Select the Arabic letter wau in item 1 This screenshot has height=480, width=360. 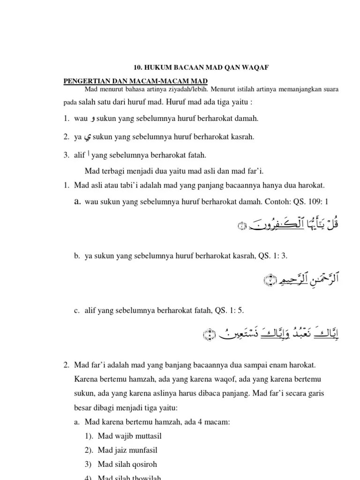(x=92, y=119)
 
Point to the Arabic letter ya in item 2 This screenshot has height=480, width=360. (x=88, y=137)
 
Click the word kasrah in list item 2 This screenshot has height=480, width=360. (x=241, y=137)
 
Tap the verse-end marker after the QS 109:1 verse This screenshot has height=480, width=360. (x=242, y=227)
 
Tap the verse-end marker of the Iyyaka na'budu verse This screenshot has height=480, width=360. (x=208, y=336)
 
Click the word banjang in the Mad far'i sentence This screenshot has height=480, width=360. (x=179, y=365)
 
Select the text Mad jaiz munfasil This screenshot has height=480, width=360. (x=127, y=450)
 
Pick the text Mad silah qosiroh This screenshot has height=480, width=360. (x=127, y=465)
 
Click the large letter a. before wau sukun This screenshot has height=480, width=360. (x=78, y=202)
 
